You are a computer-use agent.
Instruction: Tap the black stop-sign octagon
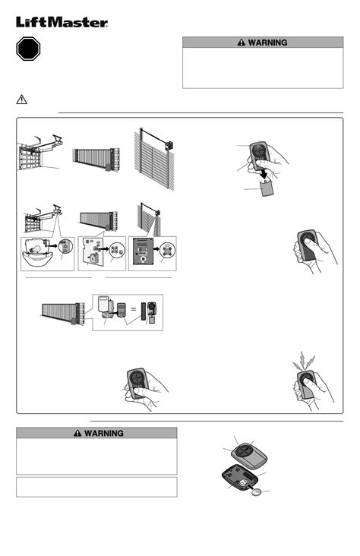pos(30,51)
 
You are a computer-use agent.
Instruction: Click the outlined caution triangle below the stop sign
pos(23,100)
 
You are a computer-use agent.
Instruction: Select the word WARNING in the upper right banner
pos(267,43)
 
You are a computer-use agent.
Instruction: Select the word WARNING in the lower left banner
pos(103,433)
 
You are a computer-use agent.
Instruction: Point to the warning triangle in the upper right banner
pos(240,43)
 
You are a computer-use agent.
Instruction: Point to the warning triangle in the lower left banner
pos(77,433)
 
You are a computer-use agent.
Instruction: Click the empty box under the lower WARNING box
pos(96,487)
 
